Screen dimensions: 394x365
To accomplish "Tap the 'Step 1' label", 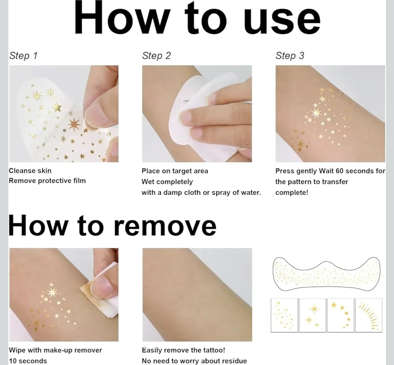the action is coord(23,55).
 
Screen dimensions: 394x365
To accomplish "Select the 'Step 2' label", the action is coord(156,55).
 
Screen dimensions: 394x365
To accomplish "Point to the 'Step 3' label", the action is coord(290,55).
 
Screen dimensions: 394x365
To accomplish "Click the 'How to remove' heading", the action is coord(112,225).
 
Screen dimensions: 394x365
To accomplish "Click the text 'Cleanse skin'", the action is coord(30,171).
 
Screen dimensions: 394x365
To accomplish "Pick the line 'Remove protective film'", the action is coord(47,180).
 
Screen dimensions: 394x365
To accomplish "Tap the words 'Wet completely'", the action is coord(167,182).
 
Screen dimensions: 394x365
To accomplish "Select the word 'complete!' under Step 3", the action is coord(291,193).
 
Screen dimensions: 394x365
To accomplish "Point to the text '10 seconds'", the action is coord(28,361).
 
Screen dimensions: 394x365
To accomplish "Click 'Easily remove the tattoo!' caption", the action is coord(184,350).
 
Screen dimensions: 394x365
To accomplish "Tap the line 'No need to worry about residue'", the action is coord(194,361).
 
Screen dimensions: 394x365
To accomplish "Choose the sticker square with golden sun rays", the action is coord(368,315).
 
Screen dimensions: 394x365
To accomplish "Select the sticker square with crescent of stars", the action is coord(340,315).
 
